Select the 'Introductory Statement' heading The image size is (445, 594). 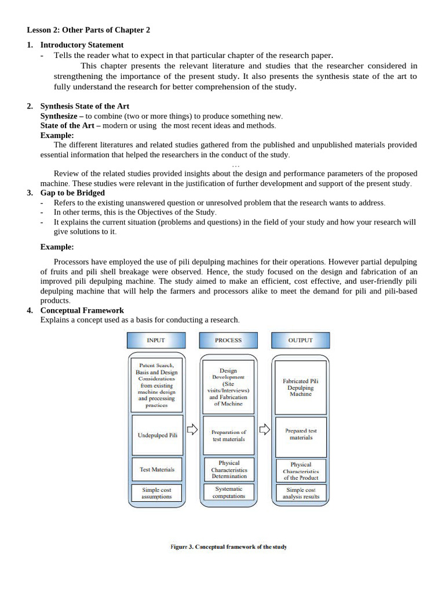coord(82,45)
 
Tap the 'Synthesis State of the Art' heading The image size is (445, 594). coord(85,106)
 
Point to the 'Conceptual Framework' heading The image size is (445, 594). coord(82,310)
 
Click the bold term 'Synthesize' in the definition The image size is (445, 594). coord(60,116)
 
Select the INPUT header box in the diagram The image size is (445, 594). coord(156,341)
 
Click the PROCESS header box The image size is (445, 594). coord(228,341)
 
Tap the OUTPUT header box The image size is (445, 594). coord(300,341)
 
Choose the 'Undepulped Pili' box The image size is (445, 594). coord(157,435)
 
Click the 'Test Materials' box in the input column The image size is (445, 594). coord(157,469)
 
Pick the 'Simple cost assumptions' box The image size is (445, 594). coord(157,493)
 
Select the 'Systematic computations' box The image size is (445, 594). coord(229,492)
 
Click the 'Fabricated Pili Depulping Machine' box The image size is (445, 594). coord(301,387)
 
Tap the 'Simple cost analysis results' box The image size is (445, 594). coord(301,493)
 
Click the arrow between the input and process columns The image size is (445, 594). coord(192,430)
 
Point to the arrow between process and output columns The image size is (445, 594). coord(265,430)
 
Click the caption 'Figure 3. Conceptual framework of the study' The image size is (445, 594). coord(228,547)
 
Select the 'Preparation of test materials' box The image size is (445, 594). coord(229,435)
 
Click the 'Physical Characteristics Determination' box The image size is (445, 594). coord(229,469)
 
